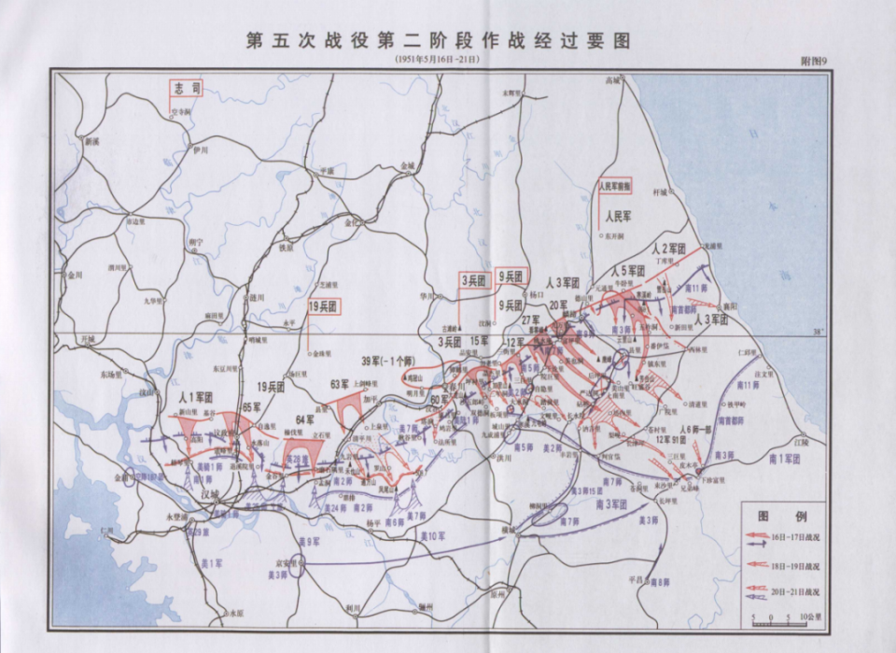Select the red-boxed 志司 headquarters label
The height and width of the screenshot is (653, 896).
185,89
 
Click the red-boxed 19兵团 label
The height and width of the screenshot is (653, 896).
323,305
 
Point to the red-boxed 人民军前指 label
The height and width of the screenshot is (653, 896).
615,186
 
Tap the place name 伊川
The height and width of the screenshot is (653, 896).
199,149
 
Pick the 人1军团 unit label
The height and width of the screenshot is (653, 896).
196,398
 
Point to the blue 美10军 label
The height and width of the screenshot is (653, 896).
432,535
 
